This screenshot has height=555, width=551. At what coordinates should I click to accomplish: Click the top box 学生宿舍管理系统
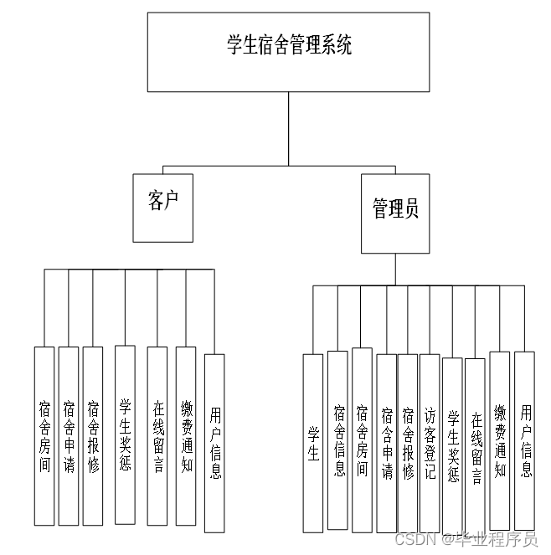(x=288, y=52)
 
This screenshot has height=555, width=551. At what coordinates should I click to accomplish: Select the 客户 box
(x=162, y=207)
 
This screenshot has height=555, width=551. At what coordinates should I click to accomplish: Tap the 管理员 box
(x=395, y=213)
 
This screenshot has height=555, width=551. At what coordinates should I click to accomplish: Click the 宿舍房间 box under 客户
(x=44, y=435)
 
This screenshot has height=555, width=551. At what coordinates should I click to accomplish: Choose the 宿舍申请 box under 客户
(x=69, y=435)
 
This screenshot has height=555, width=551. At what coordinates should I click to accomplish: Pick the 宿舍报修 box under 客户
(x=93, y=435)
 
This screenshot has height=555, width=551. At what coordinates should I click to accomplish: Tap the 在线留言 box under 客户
(x=157, y=435)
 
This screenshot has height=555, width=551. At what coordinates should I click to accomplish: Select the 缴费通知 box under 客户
(x=186, y=435)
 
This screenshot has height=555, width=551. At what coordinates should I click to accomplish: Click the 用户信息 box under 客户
(x=214, y=443)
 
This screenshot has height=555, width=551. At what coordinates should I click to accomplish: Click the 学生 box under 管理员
(x=313, y=443)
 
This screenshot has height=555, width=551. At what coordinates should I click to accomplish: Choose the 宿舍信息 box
(x=337, y=439)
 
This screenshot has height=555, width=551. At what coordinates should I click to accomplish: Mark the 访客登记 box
(x=430, y=443)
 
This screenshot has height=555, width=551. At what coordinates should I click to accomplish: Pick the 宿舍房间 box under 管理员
(x=362, y=439)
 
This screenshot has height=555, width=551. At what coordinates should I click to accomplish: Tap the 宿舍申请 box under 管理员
(x=387, y=443)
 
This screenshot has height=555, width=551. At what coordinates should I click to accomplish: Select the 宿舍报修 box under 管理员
(x=408, y=443)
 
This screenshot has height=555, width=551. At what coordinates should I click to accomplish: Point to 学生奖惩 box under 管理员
(x=452, y=445)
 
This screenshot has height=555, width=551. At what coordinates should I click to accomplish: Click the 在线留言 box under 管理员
(x=475, y=445)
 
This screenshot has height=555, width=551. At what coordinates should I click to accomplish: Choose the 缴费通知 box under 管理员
(x=500, y=439)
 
